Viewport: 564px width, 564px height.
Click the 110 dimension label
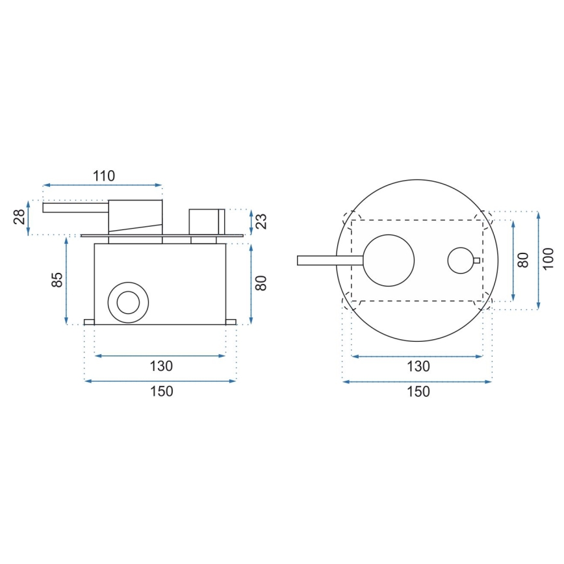103,175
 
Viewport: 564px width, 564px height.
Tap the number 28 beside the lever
20,217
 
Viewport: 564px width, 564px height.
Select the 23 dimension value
262,222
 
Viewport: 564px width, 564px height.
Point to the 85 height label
57,280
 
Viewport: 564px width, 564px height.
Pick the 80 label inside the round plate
522,261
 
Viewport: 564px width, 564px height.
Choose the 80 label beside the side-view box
262,283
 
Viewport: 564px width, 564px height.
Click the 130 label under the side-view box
161,366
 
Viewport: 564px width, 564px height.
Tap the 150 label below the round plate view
418,391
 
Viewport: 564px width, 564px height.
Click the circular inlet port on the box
127,302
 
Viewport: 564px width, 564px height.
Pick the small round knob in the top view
461,261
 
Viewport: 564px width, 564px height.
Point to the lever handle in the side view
75,207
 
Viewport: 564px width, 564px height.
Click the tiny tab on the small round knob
477,261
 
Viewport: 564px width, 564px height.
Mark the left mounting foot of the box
90,322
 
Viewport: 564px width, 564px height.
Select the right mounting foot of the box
231,322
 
